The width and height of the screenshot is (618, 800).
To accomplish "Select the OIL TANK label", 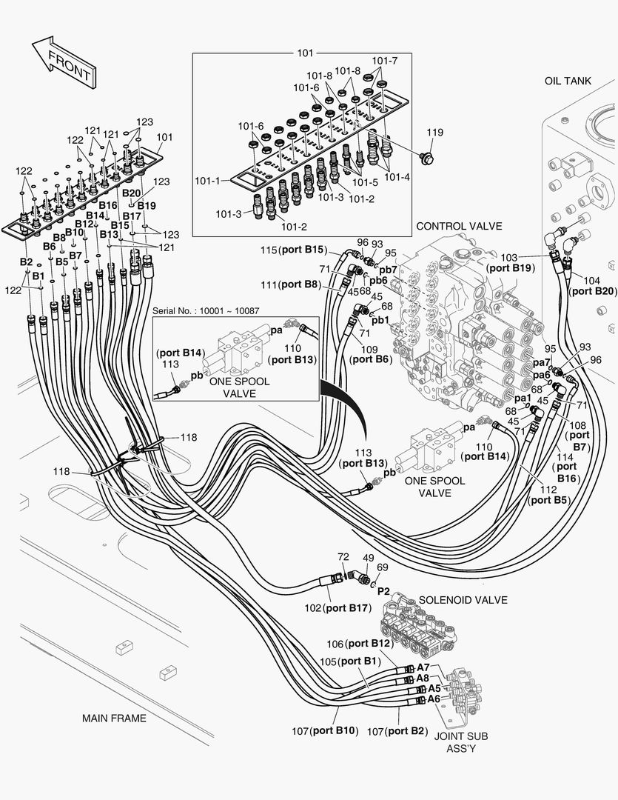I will pyautogui.click(x=568, y=81).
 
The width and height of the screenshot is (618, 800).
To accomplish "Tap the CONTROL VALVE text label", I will pyautogui.click(x=459, y=226).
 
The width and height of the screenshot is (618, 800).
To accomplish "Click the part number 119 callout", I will pyautogui.click(x=434, y=133).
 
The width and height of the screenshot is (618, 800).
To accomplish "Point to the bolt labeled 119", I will pyautogui.click(x=428, y=157).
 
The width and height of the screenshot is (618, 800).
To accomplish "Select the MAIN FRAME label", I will pyautogui.click(x=114, y=718).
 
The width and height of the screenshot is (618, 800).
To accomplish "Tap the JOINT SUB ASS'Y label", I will pyautogui.click(x=460, y=742).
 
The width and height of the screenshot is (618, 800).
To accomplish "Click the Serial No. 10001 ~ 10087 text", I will pyautogui.click(x=206, y=311).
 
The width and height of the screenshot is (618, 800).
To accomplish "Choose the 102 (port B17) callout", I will pyautogui.click(x=337, y=608).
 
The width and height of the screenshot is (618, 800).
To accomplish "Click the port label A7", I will pyautogui.click(x=423, y=667).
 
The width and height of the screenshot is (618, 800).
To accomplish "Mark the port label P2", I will pyautogui.click(x=383, y=591).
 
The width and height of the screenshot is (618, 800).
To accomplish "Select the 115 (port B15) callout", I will pyautogui.click(x=293, y=250).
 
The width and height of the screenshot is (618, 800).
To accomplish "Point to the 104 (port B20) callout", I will pyautogui.click(x=589, y=287).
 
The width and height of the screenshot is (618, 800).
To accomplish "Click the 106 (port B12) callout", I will pyautogui.click(x=358, y=643).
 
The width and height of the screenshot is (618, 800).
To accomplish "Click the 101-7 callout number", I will pyautogui.click(x=384, y=60).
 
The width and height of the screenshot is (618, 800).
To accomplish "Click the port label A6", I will pyautogui.click(x=434, y=699).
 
